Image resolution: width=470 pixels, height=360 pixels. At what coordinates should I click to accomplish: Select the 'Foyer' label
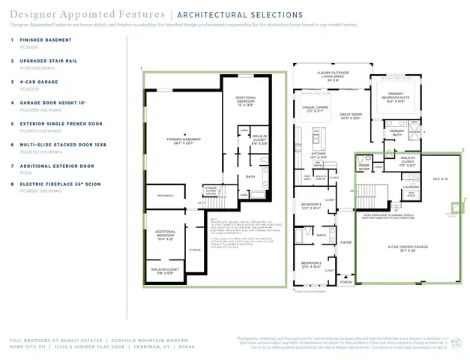(346, 242)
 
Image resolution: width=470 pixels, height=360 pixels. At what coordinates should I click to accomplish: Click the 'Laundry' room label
(410, 187)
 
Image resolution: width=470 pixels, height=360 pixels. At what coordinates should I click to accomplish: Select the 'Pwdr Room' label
(364, 169)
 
